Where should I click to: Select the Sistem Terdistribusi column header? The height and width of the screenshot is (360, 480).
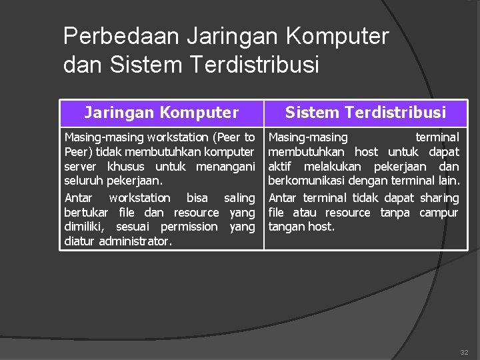tap(365, 113)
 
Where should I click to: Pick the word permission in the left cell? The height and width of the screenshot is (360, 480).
tap(189, 227)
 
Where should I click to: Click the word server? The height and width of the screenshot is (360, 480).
tap(80, 166)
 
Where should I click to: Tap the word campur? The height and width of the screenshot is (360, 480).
tap(439, 213)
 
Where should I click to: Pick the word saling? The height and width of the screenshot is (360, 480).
tap(239, 198)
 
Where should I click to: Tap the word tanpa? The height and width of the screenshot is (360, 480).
tap(395, 213)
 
